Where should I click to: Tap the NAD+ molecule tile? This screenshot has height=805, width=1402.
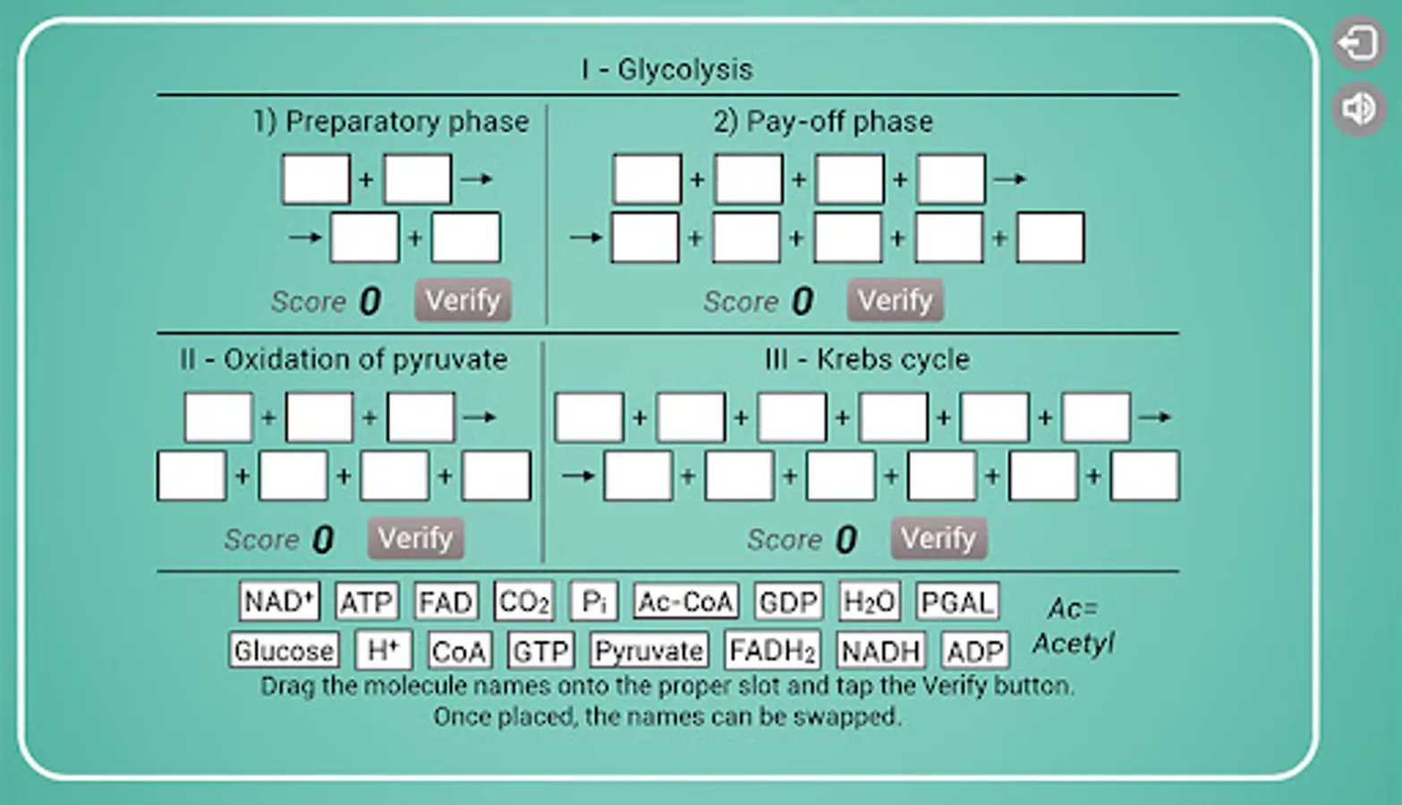279,602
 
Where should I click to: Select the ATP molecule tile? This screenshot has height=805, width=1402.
367,602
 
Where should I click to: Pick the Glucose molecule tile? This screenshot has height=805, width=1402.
285,650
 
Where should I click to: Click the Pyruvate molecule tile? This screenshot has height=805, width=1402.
649,650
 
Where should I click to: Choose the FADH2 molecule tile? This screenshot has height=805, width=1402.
772,650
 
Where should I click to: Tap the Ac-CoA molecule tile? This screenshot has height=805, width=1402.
686,602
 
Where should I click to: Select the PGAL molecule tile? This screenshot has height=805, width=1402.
957,602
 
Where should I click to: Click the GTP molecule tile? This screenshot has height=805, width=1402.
540,650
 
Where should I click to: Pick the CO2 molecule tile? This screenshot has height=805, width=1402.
524,602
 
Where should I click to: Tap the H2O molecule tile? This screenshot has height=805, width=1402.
870,602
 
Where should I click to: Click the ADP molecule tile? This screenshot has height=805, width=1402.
975,650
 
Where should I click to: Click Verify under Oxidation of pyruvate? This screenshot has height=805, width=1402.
416,538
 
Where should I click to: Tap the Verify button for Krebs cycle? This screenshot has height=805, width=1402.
939,538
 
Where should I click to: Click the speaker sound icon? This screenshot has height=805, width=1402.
1358,109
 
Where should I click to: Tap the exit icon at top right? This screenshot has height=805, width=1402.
1358,43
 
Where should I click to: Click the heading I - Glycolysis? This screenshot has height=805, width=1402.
667,69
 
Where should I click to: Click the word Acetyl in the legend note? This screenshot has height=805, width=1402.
1074,644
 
